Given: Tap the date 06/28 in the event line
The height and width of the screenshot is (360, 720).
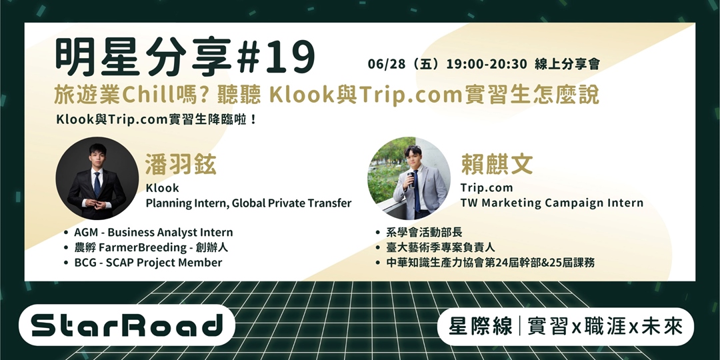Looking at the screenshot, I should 385,65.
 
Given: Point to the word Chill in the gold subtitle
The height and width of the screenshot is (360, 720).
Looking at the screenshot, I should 147,95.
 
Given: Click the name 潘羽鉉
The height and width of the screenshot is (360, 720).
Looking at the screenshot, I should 181,163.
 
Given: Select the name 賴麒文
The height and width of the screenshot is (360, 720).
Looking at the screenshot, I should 496,163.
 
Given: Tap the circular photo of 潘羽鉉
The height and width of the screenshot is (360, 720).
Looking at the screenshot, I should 97,179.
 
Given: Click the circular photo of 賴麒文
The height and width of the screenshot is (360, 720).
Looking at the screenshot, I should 409,179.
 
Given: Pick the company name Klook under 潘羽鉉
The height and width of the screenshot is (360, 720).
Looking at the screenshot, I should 162,188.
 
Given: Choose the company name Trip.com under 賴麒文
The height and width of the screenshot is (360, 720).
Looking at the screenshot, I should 486,188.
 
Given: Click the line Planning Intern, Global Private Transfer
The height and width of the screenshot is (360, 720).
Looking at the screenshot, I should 248,203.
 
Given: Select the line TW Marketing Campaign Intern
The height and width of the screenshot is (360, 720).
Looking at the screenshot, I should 551,203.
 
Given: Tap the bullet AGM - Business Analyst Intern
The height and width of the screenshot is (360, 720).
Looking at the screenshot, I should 153,233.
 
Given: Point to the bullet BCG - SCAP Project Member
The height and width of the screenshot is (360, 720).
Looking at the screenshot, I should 148,262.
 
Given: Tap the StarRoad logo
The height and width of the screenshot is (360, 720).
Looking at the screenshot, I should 127,326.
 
